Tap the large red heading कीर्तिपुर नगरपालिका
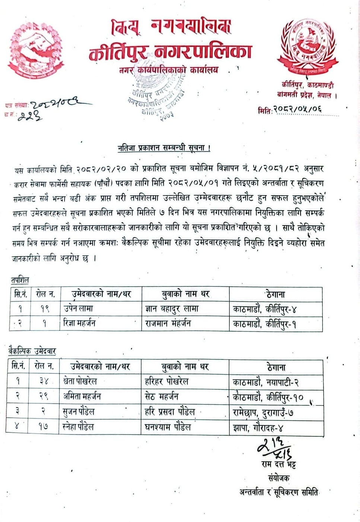pos(170,52)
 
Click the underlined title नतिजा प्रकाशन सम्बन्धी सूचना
pos(164,148)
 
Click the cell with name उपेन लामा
pos(79,308)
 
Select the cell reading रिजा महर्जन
pos(79,323)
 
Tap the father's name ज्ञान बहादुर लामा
pos(172,308)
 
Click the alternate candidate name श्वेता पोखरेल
pos(80,381)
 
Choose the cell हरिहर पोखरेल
pos(166,381)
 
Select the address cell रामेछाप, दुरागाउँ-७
pos(262,412)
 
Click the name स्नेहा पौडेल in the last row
pos(79,427)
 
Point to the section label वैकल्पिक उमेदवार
pos(32,351)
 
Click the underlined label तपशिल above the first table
pos(20,280)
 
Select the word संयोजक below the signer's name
pos(278,478)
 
